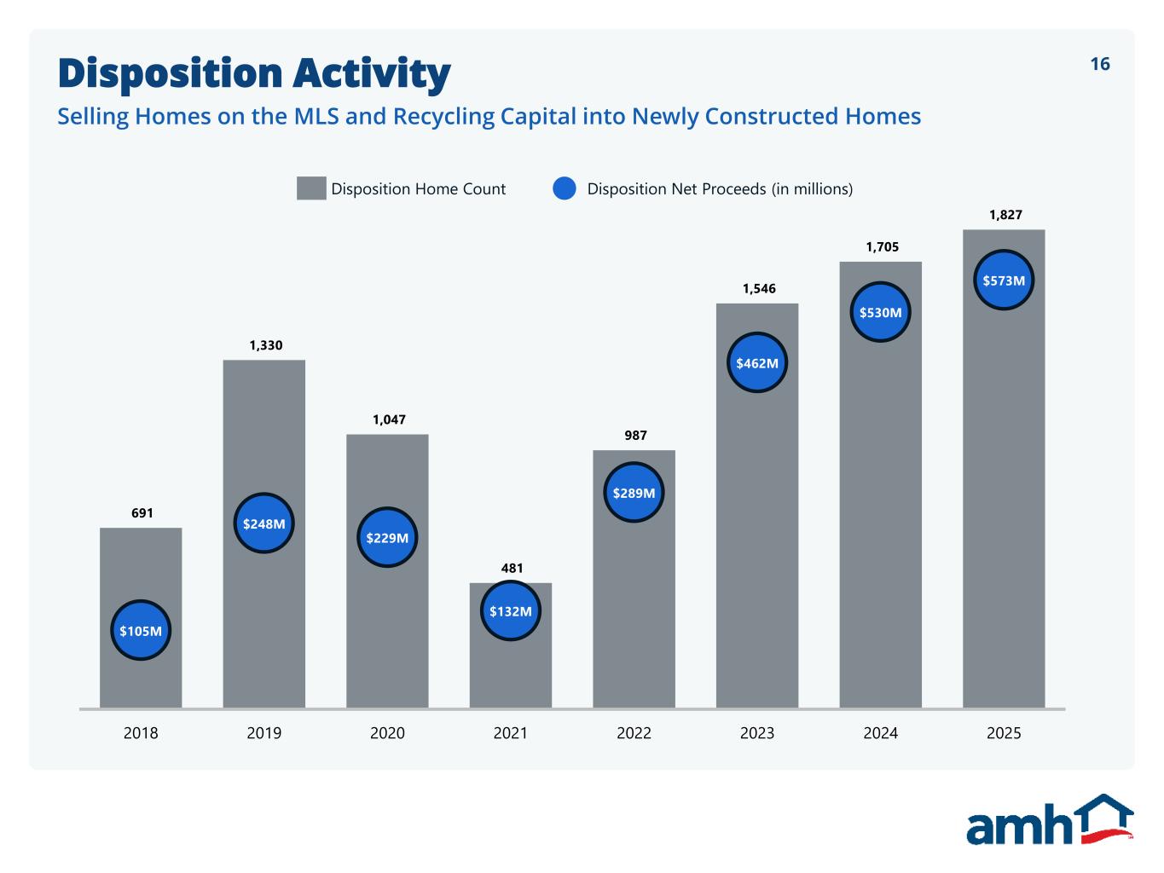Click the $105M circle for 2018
[x=141, y=631]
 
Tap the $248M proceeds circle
[x=264, y=523]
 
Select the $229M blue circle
[x=387, y=538]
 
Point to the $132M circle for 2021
[x=511, y=610]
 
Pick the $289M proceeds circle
[x=634, y=493]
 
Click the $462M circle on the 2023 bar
[x=757, y=362]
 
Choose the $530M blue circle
[x=880, y=312]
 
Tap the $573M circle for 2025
[x=1004, y=280]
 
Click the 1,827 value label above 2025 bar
[x=1005, y=215]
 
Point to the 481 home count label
[x=512, y=568]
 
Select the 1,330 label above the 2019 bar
[x=265, y=345]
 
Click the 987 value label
[x=635, y=436]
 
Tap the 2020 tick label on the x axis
[x=387, y=733]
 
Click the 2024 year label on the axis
[x=880, y=733]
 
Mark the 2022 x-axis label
[x=634, y=733]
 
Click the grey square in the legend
[x=311, y=188]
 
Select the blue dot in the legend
[x=565, y=188]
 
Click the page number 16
[x=1100, y=64]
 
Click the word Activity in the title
[x=371, y=73]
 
